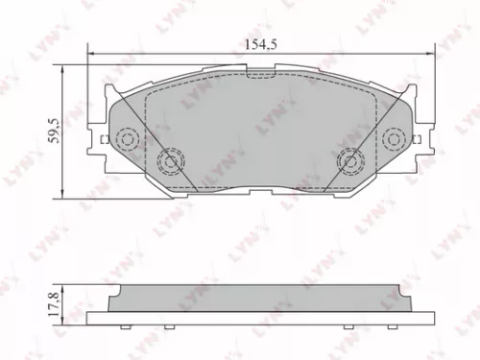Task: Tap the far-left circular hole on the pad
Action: point(125,140)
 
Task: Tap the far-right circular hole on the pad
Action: point(393,140)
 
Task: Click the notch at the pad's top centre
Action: point(259,73)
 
